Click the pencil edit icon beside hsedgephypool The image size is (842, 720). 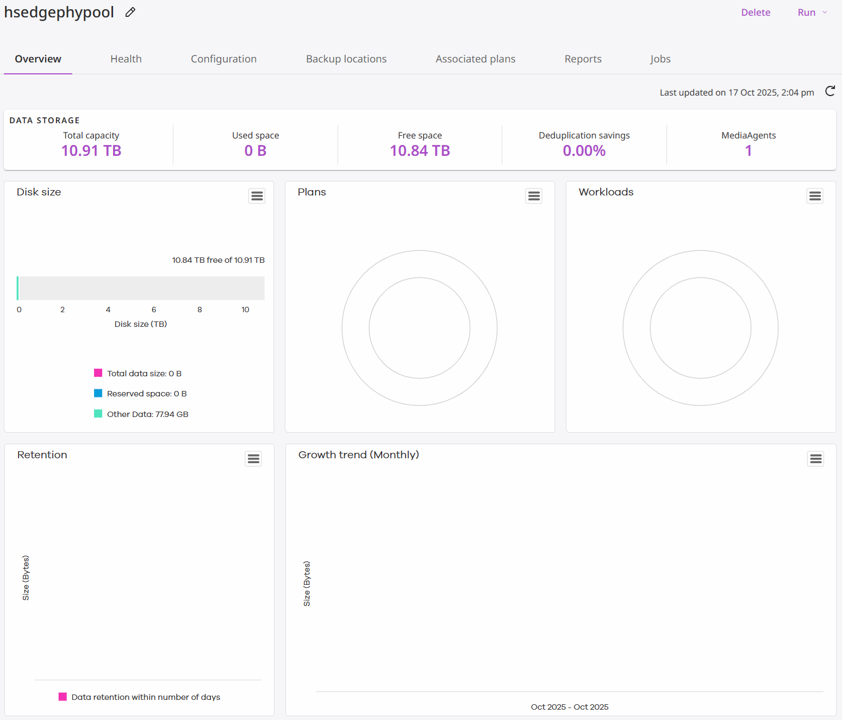[130, 12]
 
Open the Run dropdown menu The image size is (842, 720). [812, 12]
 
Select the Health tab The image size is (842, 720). [126, 59]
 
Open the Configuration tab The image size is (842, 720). [223, 59]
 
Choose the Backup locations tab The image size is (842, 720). [346, 59]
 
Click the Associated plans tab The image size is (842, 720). [475, 59]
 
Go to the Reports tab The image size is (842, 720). [583, 59]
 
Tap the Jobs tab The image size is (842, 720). [660, 59]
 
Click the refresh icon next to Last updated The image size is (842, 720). [830, 91]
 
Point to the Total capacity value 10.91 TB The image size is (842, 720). [91, 151]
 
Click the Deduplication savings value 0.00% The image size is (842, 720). [584, 151]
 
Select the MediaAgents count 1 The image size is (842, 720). [749, 151]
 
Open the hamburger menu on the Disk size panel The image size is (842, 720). [257, 196]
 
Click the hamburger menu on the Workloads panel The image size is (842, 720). [815, 196]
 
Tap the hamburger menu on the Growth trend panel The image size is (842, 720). [815, 459]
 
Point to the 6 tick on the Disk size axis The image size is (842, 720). [154, 310]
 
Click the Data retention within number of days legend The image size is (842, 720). [145, 697]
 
